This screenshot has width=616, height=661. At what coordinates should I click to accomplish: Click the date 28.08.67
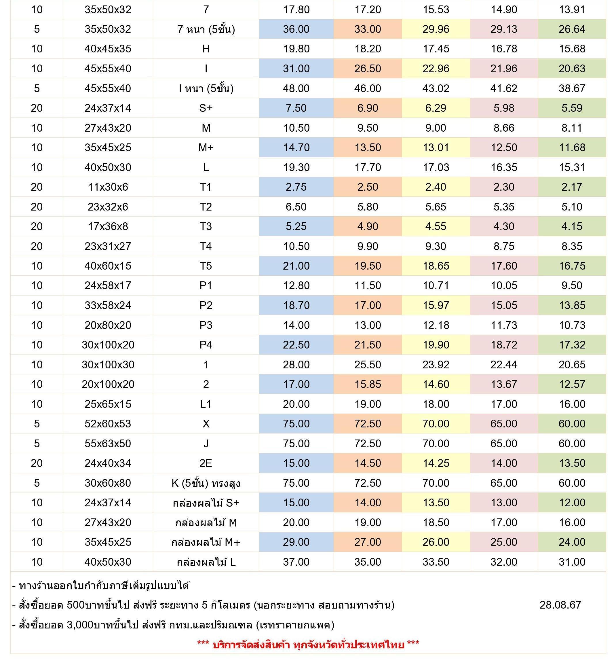point(560,605)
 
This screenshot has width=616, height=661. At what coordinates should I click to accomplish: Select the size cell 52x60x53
point(108,424)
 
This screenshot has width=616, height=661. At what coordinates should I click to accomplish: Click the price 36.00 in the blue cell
point(296,29)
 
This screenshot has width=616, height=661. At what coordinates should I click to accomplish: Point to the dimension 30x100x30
point(108,364)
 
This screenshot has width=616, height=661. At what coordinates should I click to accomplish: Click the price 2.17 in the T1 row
point(571,187)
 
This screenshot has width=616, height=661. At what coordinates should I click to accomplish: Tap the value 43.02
point(436,88)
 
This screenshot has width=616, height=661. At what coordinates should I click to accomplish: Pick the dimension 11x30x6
point(108,187)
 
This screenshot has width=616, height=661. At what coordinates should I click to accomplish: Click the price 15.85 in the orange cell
point(368,385)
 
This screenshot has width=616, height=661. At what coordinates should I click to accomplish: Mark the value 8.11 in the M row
point(571,128)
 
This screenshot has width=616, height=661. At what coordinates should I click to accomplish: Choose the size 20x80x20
point(108,325)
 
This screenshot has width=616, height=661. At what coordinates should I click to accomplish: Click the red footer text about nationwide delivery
point(308,645)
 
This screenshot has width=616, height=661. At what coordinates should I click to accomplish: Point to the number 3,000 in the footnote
point(80,625)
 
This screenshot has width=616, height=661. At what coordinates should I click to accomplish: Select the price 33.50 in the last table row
point(436,562)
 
